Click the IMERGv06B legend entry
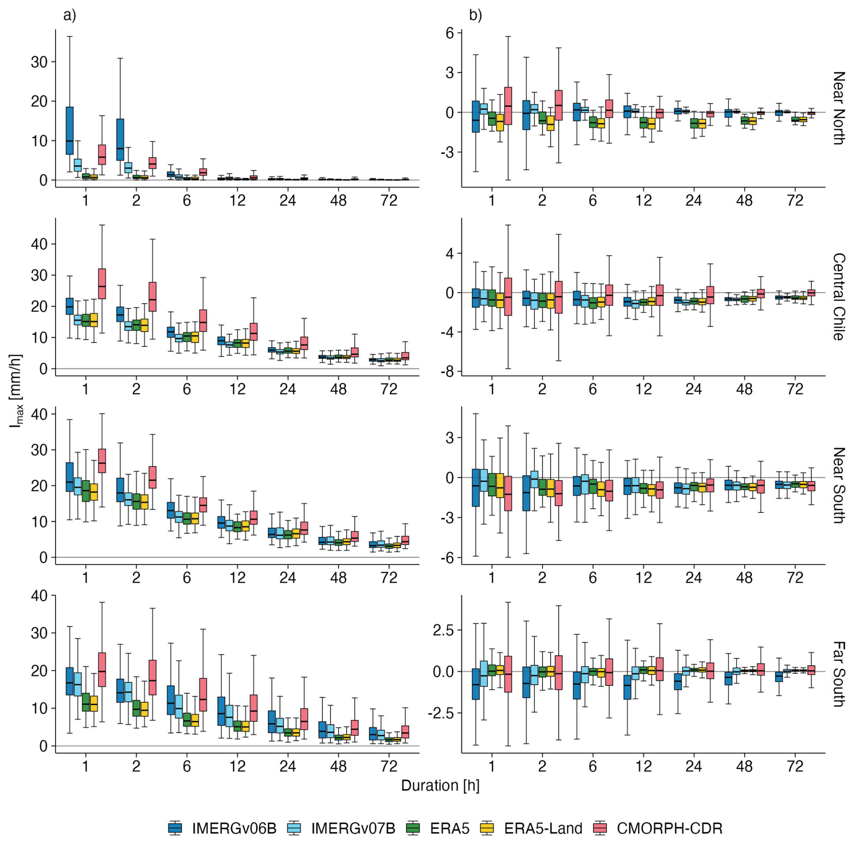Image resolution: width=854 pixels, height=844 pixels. [x=222, y=828]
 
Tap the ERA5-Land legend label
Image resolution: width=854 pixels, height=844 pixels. [x=543, y=828]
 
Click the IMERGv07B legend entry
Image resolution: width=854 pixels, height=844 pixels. [x=342, y=828]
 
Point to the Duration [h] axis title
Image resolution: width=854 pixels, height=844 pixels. [x=440, y=785]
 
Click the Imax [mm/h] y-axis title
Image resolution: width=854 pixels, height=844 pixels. [x=16, y=391]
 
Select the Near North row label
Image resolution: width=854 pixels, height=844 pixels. [x=838, y=108]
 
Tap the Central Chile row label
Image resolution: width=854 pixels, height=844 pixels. [x=838, y=297]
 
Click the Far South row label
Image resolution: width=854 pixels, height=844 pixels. [x=838, y=674]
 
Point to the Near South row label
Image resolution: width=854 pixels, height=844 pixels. [x=838, y=485]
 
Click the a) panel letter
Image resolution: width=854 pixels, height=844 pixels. [x=70, y=15]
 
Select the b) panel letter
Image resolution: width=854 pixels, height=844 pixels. [x=475, y=15]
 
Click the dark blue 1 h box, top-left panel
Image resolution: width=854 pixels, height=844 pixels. [x=70, y=131]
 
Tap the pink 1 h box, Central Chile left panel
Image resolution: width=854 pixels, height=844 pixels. [x=102, y=284]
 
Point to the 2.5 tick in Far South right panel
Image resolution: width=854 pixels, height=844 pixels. [x=443, y=630]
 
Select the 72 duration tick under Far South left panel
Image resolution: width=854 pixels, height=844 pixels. [x=389, y=766]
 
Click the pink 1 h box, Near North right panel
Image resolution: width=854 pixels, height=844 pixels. [x=508, y=106]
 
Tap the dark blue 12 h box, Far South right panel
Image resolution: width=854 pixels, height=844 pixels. [x=627, y=687]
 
